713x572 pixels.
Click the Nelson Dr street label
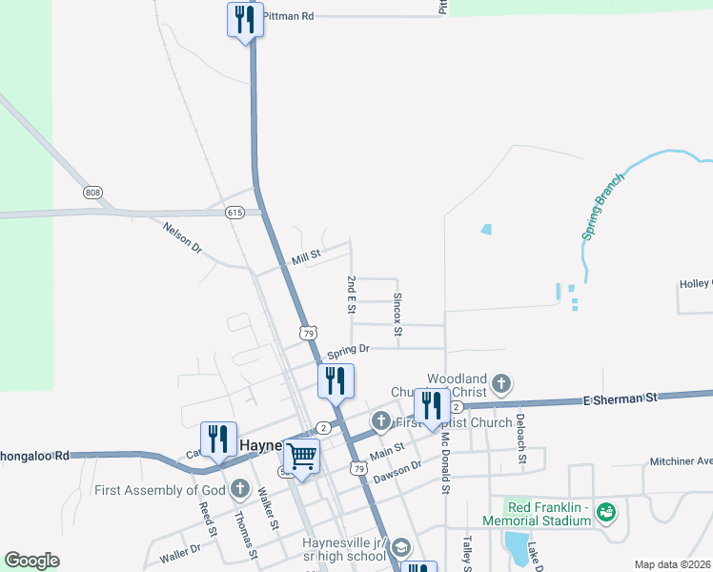[183, 236]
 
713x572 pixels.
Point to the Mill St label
[307, 255]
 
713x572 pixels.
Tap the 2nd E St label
[352, 295]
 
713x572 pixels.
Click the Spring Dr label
[348, 350]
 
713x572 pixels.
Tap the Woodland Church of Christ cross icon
[501, 386]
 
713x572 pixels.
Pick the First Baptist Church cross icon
[381, 420]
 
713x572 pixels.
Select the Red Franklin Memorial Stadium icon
[604, 514]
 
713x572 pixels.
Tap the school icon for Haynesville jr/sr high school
[401, 547]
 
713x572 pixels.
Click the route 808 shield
[92, 193]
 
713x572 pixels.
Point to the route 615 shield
[235, 213]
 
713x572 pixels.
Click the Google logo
[32, 560]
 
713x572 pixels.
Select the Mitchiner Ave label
[681, 461]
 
